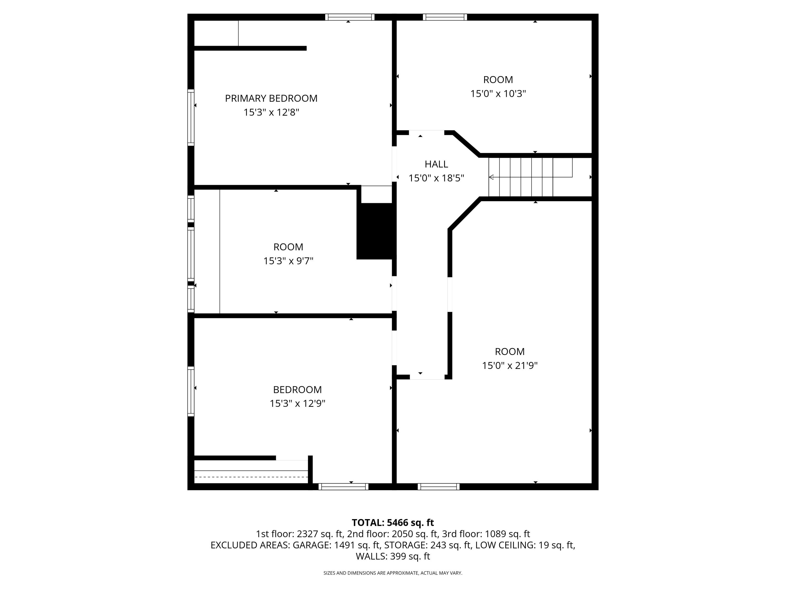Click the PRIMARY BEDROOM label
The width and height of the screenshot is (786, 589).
click(271, 98)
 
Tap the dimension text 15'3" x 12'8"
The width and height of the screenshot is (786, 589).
click(271, 113)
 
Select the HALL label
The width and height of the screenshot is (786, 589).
click(436, 164)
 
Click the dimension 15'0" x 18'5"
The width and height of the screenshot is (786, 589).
click(436, 178)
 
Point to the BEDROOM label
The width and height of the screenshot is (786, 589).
click(297, 390)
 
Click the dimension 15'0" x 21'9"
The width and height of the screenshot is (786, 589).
click(510, 366)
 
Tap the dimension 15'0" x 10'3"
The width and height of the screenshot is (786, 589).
click(498, 94)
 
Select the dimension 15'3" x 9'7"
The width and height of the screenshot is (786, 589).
click(288, 261)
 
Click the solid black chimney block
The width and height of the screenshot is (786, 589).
click(376, 231)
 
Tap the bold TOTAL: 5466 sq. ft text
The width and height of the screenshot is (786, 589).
click(393, 523)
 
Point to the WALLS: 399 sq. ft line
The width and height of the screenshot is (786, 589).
click(393, 556)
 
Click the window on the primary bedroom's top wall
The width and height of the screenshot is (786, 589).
click(350, 17)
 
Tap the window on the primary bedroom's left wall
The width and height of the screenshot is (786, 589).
click(191, 118)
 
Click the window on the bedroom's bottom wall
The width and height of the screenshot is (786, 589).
click(343, 487)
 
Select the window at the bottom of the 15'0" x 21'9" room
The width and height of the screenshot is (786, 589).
click(439, 487)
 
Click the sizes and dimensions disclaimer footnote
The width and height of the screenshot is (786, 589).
click(393, 573)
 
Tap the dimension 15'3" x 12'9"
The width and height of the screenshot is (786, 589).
click(297, 404)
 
